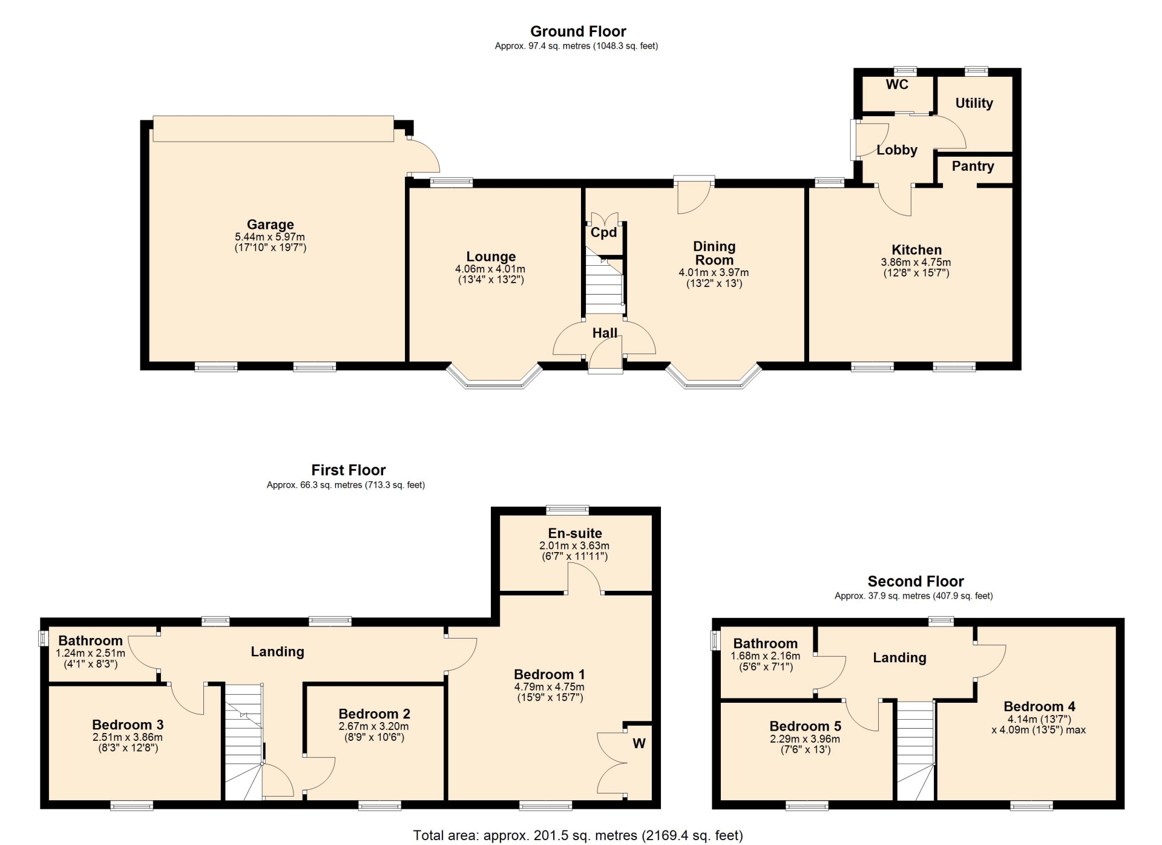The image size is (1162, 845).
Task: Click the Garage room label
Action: tap(270, 225)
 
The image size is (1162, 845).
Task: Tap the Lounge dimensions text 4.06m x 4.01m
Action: tap(490, 269)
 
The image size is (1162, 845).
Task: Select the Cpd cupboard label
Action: tap(603, 232)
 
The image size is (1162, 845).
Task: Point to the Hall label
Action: tap(605, 333)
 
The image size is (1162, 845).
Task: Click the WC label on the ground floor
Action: tap(897, 85)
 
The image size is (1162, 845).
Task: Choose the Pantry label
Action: tap(973, 166)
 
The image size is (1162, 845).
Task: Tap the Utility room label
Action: tap(974, 104)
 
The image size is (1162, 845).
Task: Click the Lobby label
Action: tap(897, 150)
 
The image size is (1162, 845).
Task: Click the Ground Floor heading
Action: tap(578, 31)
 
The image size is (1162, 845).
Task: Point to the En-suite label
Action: tap(575, 533)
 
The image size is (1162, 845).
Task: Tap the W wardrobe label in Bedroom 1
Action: tap(639, 743)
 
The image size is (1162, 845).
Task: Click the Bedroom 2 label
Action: tap(374, 714)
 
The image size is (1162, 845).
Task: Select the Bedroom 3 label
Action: tap(128, 725)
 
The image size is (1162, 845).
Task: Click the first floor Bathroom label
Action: tap(90, 641)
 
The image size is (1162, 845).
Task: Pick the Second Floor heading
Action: tap(916, 582)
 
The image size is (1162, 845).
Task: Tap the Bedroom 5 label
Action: tap(805, 726)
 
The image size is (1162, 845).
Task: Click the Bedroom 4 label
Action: tap(1039, 706)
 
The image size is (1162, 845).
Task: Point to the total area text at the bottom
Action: tap(578, 836)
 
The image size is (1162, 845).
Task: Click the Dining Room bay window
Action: tap(714, 381)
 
